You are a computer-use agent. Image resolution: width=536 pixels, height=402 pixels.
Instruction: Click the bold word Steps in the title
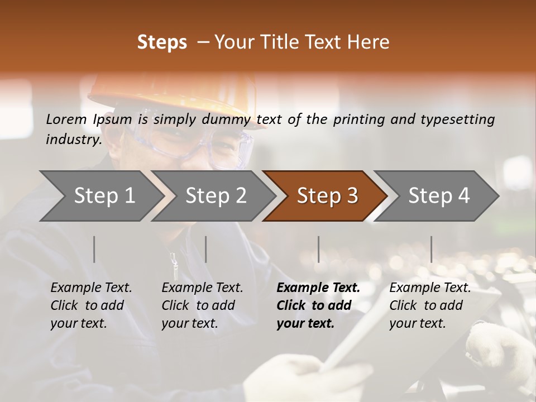[x=162, y=42]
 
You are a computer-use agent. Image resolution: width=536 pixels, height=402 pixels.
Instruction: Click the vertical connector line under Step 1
[x=94, y=249]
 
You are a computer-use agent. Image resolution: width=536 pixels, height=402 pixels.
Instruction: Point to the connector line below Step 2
[x=206, y=249]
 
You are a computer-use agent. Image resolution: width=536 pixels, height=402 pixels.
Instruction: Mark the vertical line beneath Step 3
[x=319, y=249]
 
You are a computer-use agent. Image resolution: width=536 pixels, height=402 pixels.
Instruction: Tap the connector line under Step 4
[x=431, y=249]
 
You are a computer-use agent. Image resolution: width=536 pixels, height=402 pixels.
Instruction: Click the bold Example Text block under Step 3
[x=318, y=305]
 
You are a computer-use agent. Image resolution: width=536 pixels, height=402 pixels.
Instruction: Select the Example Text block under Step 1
[x=91, y=305]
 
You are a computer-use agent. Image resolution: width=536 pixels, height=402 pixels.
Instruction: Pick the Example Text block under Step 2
[x=202, y=305]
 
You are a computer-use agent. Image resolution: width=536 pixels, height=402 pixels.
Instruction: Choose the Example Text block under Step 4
[x=430, y=305]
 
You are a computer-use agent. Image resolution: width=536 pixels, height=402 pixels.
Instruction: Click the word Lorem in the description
[x=66, y=119]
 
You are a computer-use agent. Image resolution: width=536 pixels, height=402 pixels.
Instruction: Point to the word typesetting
[x=457, y=119]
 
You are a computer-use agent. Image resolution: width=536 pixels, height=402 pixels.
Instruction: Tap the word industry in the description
[x=73, y=139]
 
